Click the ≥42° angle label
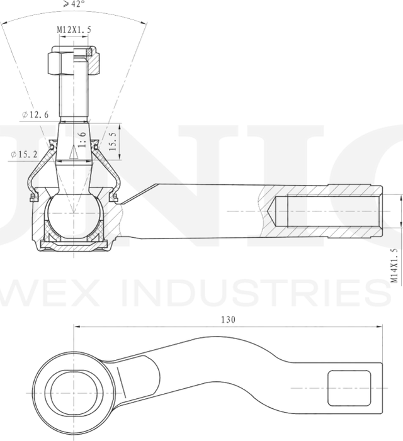(73, 5)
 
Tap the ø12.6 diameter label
(34, 114)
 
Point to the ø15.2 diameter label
(23, 154)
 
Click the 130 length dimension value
(228, 320)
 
